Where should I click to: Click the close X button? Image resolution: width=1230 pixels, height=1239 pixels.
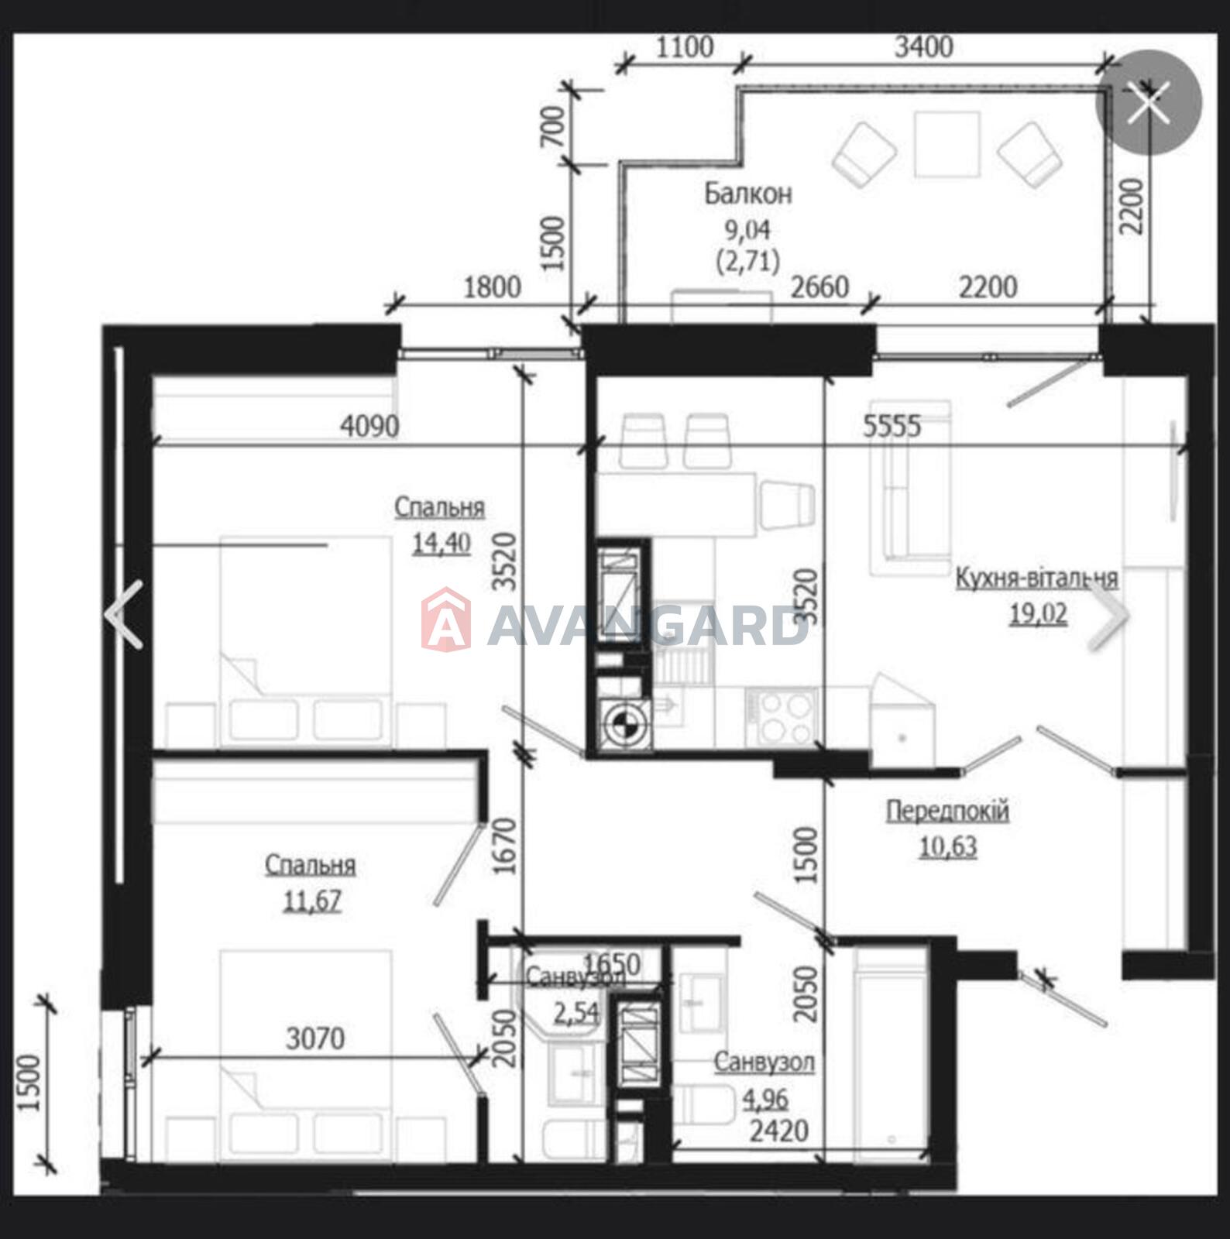click(x=1148, y=103)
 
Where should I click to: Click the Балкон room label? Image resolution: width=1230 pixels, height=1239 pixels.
click(x=747, y=194)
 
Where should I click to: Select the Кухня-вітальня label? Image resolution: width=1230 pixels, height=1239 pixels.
click(x=1036, y=578)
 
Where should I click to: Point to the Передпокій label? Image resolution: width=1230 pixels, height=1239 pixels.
click(x=947, y=812)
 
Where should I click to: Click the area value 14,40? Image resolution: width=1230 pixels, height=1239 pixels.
click(x=441, y=543)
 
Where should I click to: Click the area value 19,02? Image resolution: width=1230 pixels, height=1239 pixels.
click(x=1038, y=614)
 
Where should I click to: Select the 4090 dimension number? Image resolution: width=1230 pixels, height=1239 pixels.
click(x=370, y=425)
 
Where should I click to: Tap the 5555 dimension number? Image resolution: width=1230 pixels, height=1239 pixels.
click(x=892, y=425)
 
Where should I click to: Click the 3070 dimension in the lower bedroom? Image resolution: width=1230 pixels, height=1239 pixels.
click(x=315, y=1038)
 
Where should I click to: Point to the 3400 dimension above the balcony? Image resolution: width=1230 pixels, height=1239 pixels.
click(x=923, y=47)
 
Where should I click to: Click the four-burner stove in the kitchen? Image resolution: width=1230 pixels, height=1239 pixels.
click(x=782, y=717)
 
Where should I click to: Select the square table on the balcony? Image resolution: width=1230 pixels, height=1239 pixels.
click(x=947, y=144)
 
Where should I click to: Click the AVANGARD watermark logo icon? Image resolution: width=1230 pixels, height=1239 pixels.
click(x=446, y=619)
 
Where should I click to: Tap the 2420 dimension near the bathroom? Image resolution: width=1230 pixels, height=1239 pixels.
click(x=779, y=1132)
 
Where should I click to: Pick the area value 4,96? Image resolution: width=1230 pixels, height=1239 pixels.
click(x=765, y=1099)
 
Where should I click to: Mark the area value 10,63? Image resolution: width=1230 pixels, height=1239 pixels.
click(x=948, y=846)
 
